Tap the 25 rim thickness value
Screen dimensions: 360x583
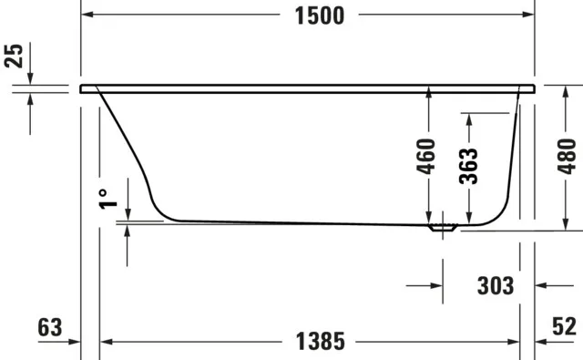(13, 56)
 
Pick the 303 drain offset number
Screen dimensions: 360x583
(495, 286)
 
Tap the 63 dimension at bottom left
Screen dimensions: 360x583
(51, 327)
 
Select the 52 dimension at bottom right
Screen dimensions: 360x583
(564, 327)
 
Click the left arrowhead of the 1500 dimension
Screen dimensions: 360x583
(88, 15)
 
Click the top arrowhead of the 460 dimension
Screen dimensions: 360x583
(427, 95)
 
